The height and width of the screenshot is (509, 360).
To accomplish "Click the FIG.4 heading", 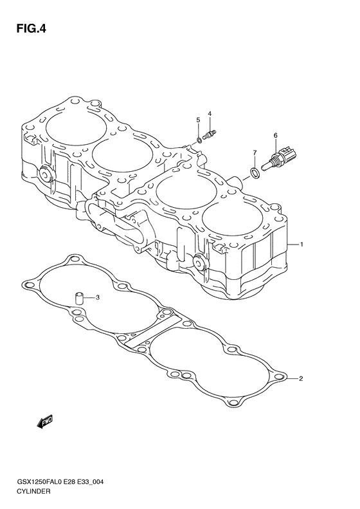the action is [x=31, y=29].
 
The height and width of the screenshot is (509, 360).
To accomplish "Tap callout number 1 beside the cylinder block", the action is [x=301, y=244].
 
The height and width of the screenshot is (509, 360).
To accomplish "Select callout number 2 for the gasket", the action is [x=301, y=378].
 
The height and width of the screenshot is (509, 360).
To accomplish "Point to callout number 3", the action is [x=97, y=297].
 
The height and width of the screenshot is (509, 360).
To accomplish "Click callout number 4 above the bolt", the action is [x=210, y=113].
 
